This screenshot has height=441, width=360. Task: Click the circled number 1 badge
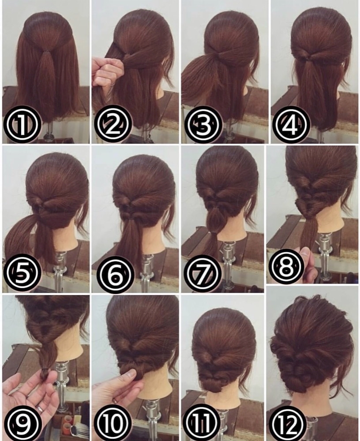pyautogui.click(x=22, y=124)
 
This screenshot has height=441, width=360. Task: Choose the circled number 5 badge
pyautogui.click(x=22, y=273)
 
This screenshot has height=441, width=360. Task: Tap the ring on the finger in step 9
pyautogui.click(x=40, y=409)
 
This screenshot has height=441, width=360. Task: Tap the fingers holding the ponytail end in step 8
pyautogui.click(x=307, y=262)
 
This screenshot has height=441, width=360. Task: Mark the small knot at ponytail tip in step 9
pyautogui.click(x=45, y=374)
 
